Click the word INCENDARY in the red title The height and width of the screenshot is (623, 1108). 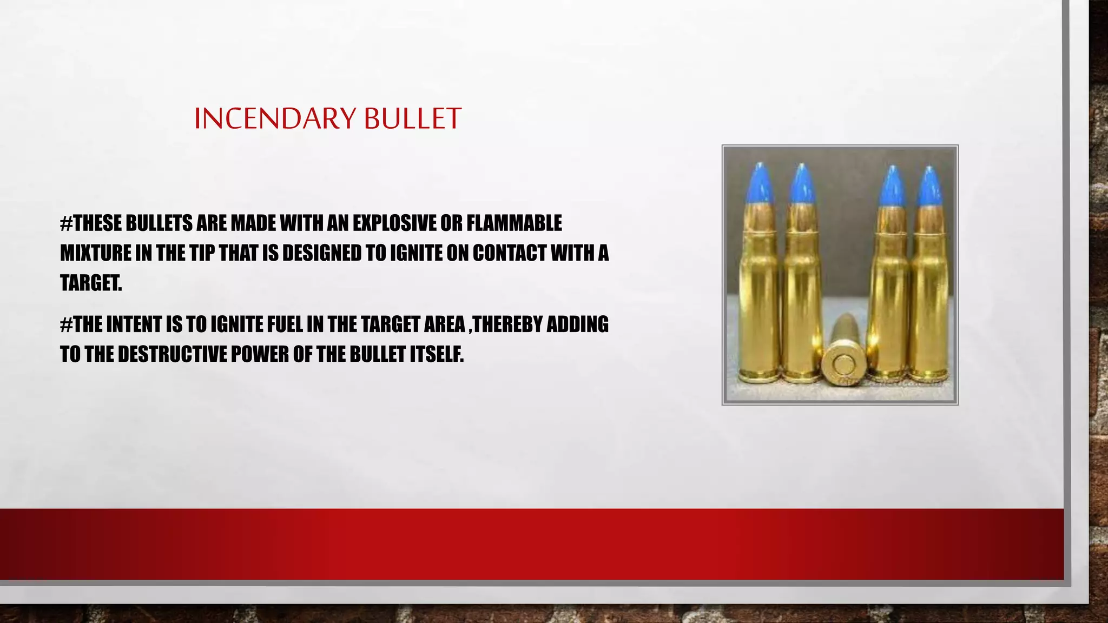click(x=275, y=118)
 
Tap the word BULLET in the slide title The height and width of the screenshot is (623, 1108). click(x=412, y=118)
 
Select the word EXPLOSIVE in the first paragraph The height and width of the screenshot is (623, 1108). click(x=394, y=223)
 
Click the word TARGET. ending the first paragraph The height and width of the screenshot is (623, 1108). click(x=91, y=282)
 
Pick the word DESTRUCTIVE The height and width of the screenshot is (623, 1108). click(x=172, y=354)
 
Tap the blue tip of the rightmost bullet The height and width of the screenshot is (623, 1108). click(x=930, y=187)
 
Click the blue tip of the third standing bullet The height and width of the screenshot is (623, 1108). click(x=890, y=187)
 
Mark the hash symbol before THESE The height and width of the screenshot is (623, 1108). click(x=66, y=223)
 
